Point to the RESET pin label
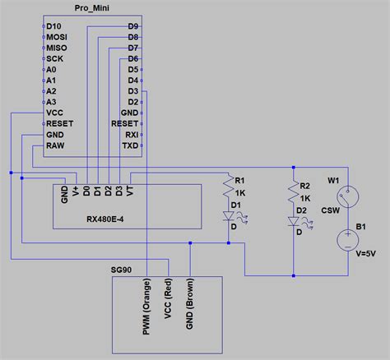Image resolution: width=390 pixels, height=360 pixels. click(60, 122)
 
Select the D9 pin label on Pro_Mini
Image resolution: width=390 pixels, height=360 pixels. click(132, 26)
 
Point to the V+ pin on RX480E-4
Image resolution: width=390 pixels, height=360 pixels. click(76, 192)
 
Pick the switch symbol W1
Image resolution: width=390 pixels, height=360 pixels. click(348, 197)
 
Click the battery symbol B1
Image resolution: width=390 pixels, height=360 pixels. click(348, 238)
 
